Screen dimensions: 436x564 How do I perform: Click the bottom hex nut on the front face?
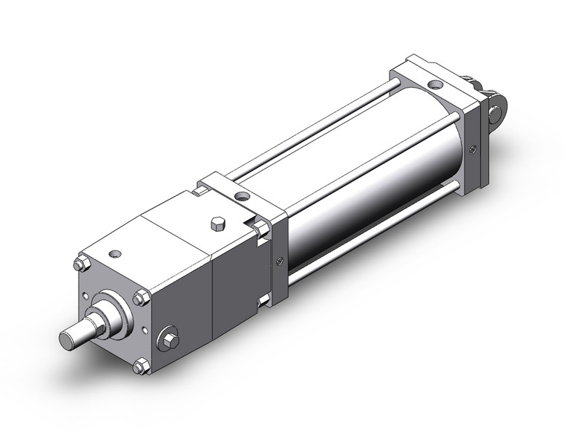[140, 367]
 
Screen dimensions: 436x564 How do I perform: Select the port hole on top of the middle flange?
[241, 197]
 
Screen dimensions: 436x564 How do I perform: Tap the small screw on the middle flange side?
[279, 260]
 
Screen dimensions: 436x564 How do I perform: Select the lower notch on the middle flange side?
[263, 300]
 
